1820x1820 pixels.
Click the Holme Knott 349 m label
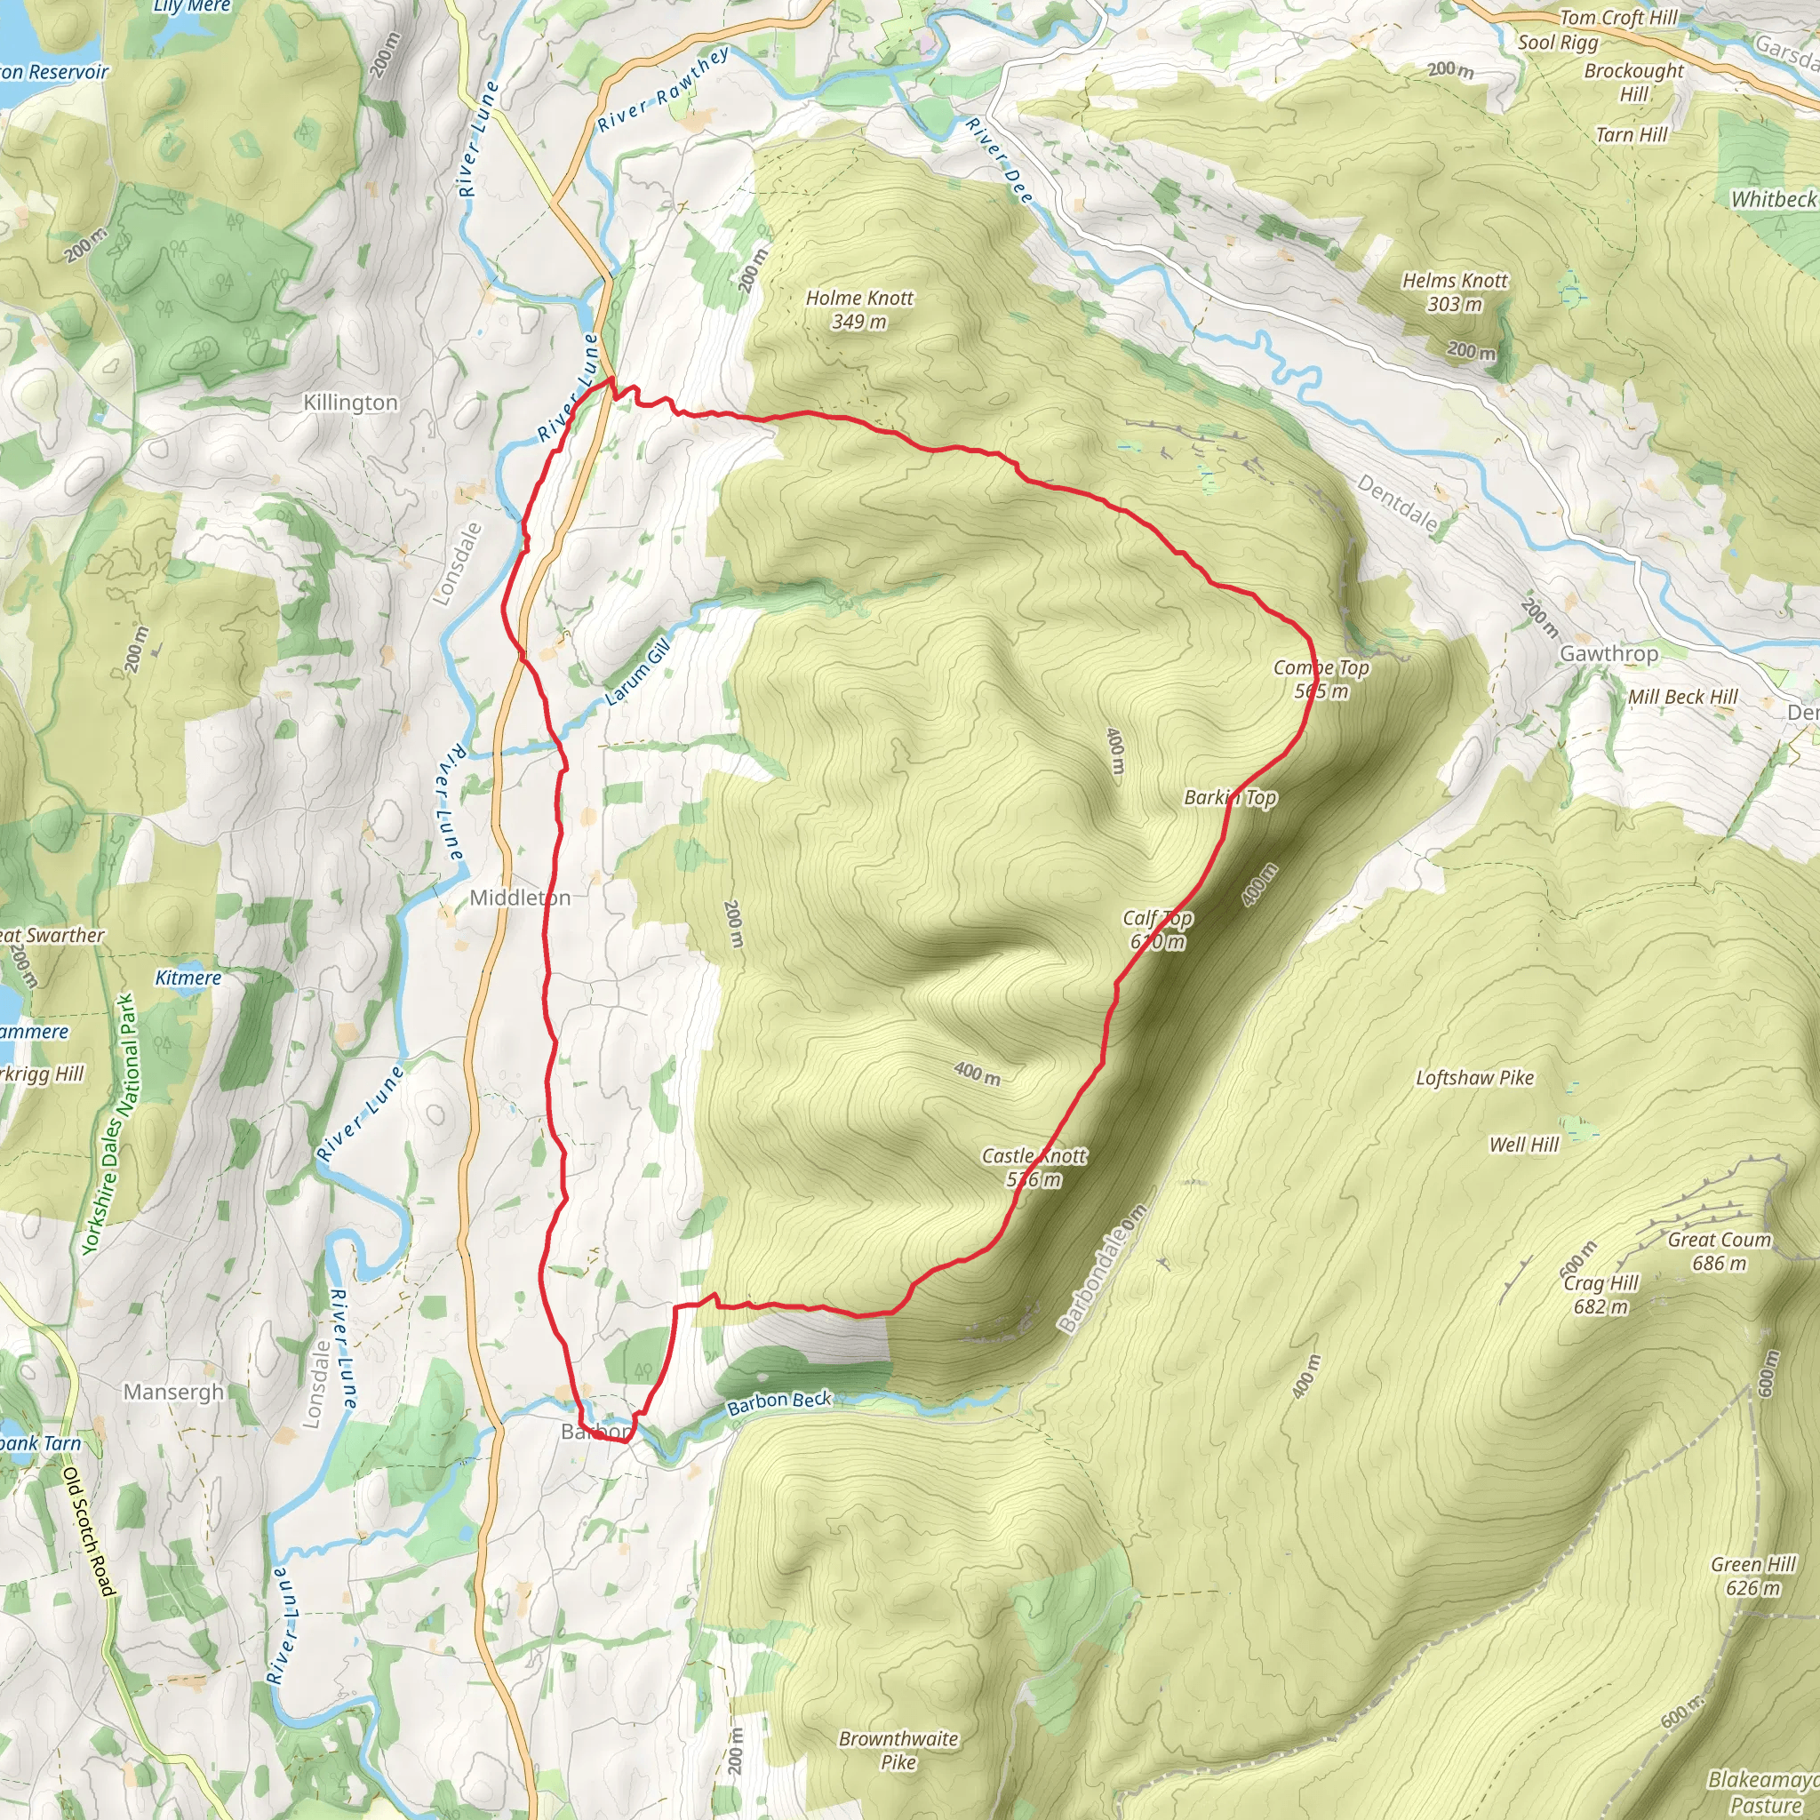click(859, 310)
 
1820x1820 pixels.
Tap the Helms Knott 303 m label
click(1455, 292)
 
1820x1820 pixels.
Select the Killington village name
click(350, 403)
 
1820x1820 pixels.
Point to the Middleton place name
click(520, 898)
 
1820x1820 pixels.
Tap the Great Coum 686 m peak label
click(1720, 1251)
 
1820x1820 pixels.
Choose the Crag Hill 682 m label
click(1601, 1294)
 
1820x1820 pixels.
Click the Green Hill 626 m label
click(1753, 1576)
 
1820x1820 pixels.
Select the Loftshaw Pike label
click(1475, 1078)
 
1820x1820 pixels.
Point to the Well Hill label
click(1524, 1145)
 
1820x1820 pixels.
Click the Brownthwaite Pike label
click(898, 1751)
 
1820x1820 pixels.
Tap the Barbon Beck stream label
click(779, 1402)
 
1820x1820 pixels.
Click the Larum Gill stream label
click(638, 672)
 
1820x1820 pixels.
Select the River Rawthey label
click(664, 90)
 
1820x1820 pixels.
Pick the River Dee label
click(1000, 161)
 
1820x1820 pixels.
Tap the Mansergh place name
click(174, 1393)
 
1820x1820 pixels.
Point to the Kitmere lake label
click(188, 978)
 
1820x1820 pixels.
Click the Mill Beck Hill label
click(1683, 697)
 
